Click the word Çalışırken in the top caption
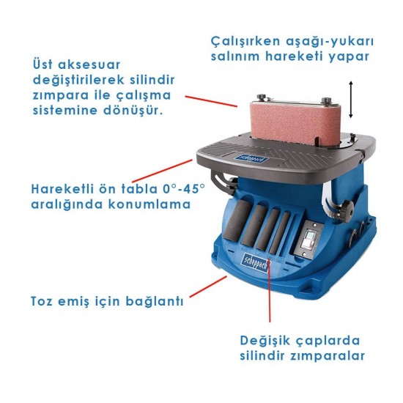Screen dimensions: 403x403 [x=245, y=42]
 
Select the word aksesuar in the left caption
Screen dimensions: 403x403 [x=89, y=64]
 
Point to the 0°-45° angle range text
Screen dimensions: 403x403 [x=184, y=188]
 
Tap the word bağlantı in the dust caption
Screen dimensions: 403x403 [x=155, y=301]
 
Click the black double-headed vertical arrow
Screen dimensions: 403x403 [x=351, y=100]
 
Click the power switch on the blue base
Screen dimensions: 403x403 [x=310, y=240]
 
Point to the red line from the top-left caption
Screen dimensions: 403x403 [x=211, y=101]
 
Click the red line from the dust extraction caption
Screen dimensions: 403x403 [x=208, y=286]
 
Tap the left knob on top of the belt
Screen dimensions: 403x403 [x=262, y=97]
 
